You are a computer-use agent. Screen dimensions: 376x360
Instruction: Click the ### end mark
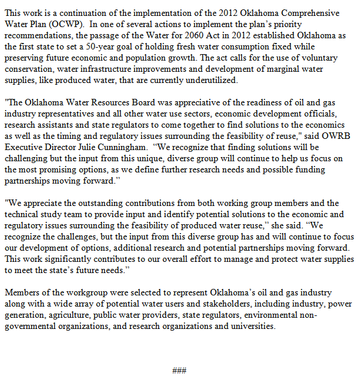tap(179, 370)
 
